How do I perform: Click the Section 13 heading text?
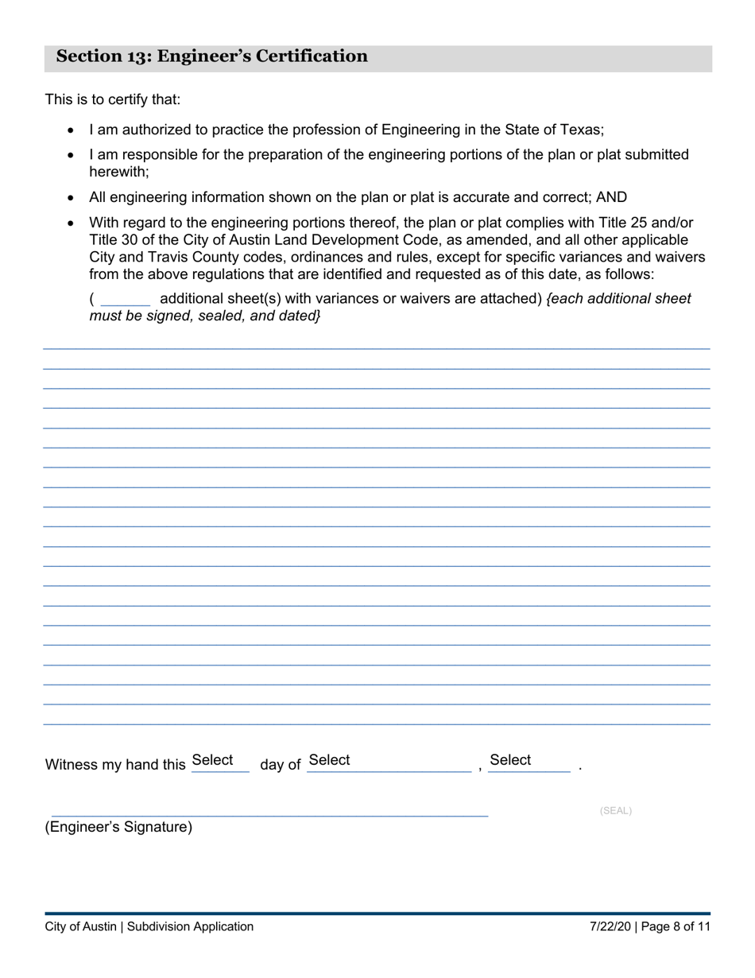212,56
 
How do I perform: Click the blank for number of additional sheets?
126,299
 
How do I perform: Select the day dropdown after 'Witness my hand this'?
219,762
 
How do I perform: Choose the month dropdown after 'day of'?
389,762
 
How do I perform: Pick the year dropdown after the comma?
528,762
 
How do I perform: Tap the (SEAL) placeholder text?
616,811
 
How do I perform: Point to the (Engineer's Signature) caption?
118,828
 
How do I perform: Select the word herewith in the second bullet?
118,172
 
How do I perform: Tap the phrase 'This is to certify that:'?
113,99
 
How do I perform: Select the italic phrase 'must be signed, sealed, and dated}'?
205,316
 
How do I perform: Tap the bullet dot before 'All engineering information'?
72,197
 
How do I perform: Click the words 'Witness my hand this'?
115,765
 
